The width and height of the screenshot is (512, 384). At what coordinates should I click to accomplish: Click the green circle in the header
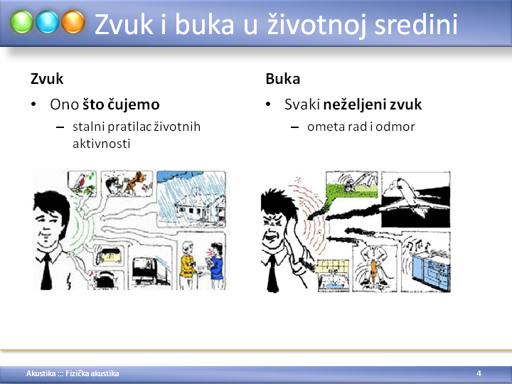click(x=21, y=22)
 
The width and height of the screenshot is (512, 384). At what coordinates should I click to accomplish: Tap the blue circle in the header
click(x=48, y=22)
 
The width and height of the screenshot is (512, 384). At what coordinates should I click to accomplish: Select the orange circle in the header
click(x=73, y=22)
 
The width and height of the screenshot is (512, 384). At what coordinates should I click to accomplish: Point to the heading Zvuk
click(x=47, y=79)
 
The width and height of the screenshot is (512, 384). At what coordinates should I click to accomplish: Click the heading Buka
click(x=283, y=79)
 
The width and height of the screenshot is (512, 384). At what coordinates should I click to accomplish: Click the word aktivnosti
click(x=102, y=144)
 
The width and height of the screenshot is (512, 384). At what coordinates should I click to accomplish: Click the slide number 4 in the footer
click(x=479, y=373)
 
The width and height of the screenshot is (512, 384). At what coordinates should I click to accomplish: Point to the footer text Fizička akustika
click(x=92, y=373)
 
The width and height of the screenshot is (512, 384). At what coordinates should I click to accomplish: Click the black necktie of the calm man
click(x=46, y=272)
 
